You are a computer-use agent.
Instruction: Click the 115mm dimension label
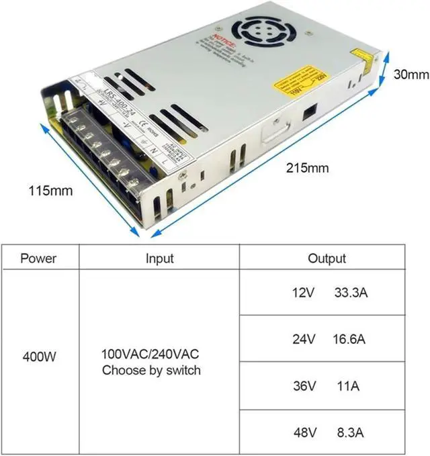(50, 191)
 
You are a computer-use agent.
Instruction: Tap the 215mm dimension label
(307, 167)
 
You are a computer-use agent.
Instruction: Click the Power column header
(38, 259)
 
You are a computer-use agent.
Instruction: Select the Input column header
(159, 259)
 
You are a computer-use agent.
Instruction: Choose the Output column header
(327, 259)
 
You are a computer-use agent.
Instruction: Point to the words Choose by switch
(151, 370)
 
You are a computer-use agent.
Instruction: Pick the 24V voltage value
(304, 339)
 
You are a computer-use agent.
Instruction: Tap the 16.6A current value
(349, 339)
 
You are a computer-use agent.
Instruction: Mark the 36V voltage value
(304, 386)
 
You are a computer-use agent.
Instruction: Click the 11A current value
(347, 386)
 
